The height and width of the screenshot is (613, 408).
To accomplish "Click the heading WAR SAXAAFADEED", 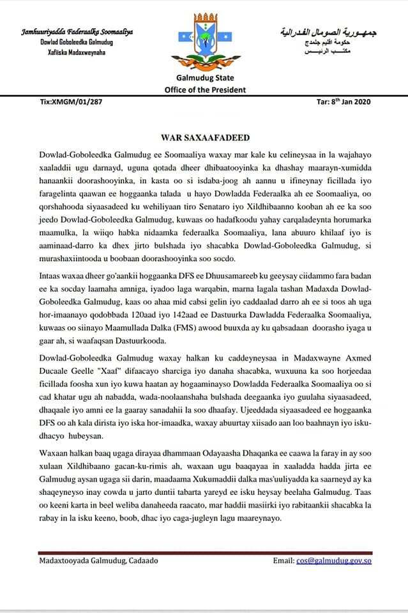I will [x=204, y=137].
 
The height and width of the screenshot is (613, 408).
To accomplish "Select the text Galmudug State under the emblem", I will [x=204, y=79].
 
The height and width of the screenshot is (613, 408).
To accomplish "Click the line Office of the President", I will [x=204, y=90].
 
